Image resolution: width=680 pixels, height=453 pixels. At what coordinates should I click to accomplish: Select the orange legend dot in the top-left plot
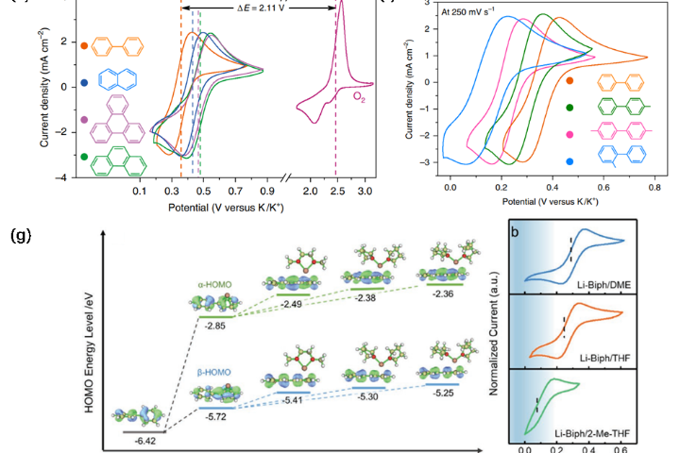[86, 45]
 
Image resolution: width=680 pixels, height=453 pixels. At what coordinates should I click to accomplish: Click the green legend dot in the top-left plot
[86, 156]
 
